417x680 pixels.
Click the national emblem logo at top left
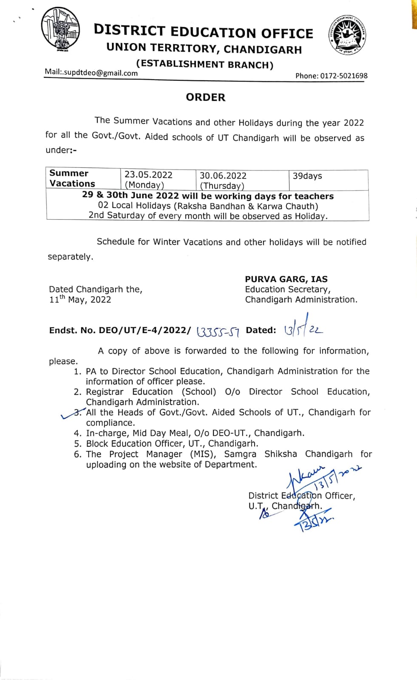[x=60, y=30]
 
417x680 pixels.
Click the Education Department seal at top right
[x=347, y=36]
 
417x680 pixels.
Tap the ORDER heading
[x=205, y=97]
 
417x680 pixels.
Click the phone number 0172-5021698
[x=343, y=76]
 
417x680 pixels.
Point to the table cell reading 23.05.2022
[x=148, y=175]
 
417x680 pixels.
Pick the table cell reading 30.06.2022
[x=223, y=176]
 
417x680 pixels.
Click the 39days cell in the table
[x=307, y=176]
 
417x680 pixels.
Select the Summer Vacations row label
[x=72, y=178]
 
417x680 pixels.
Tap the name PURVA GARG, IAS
[x=286, y=279]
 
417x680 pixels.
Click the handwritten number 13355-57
[x=218, y=331]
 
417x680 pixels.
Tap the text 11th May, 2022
[x=80, y=299]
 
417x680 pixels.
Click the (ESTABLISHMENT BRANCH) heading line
[x=205, y=65]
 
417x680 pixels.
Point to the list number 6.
[x=77, y=454]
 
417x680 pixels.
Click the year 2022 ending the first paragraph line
[x=354, y=123]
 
